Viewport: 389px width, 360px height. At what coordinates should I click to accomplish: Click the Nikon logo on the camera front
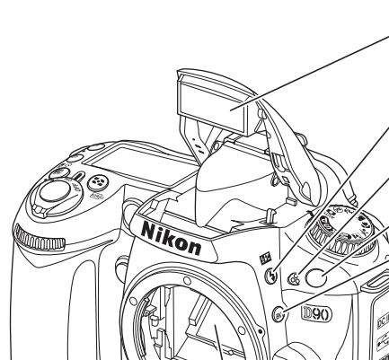172,239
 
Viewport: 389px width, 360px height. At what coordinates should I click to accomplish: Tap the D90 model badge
317,313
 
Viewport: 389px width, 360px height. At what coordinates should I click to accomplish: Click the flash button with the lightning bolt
271,275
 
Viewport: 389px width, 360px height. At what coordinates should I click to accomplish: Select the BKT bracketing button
278,315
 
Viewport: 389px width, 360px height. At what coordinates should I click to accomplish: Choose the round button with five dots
98,182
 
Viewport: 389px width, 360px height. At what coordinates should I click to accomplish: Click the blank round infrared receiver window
316,277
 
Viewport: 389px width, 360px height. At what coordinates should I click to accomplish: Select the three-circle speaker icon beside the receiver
294,278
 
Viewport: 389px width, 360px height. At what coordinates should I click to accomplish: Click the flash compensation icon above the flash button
265,259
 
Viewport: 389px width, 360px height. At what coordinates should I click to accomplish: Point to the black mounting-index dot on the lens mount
261,331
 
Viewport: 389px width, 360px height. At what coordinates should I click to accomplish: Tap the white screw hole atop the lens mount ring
187,281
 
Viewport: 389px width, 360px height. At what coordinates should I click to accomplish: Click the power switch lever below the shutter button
40,210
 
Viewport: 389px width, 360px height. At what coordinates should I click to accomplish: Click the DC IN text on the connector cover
384,320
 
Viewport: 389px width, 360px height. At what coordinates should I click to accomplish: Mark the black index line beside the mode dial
310,214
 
